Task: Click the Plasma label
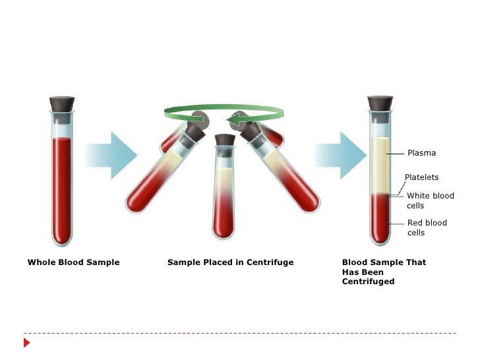click(x=421, y=153)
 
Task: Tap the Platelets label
click(x=421, y=177)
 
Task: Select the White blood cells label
click(x=430, y=200)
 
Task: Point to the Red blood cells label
click(x=427, y=227)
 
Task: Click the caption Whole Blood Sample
click(x=73, y=262)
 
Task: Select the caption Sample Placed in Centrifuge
click(x=230, y=262)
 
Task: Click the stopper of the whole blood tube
click(x=62, y=104)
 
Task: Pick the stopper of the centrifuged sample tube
click(x=379, y=104)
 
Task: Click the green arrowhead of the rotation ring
click(x=235, y=120)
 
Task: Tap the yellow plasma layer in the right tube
click(x=379, y=165)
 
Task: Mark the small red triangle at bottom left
click(x=27, y=343)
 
